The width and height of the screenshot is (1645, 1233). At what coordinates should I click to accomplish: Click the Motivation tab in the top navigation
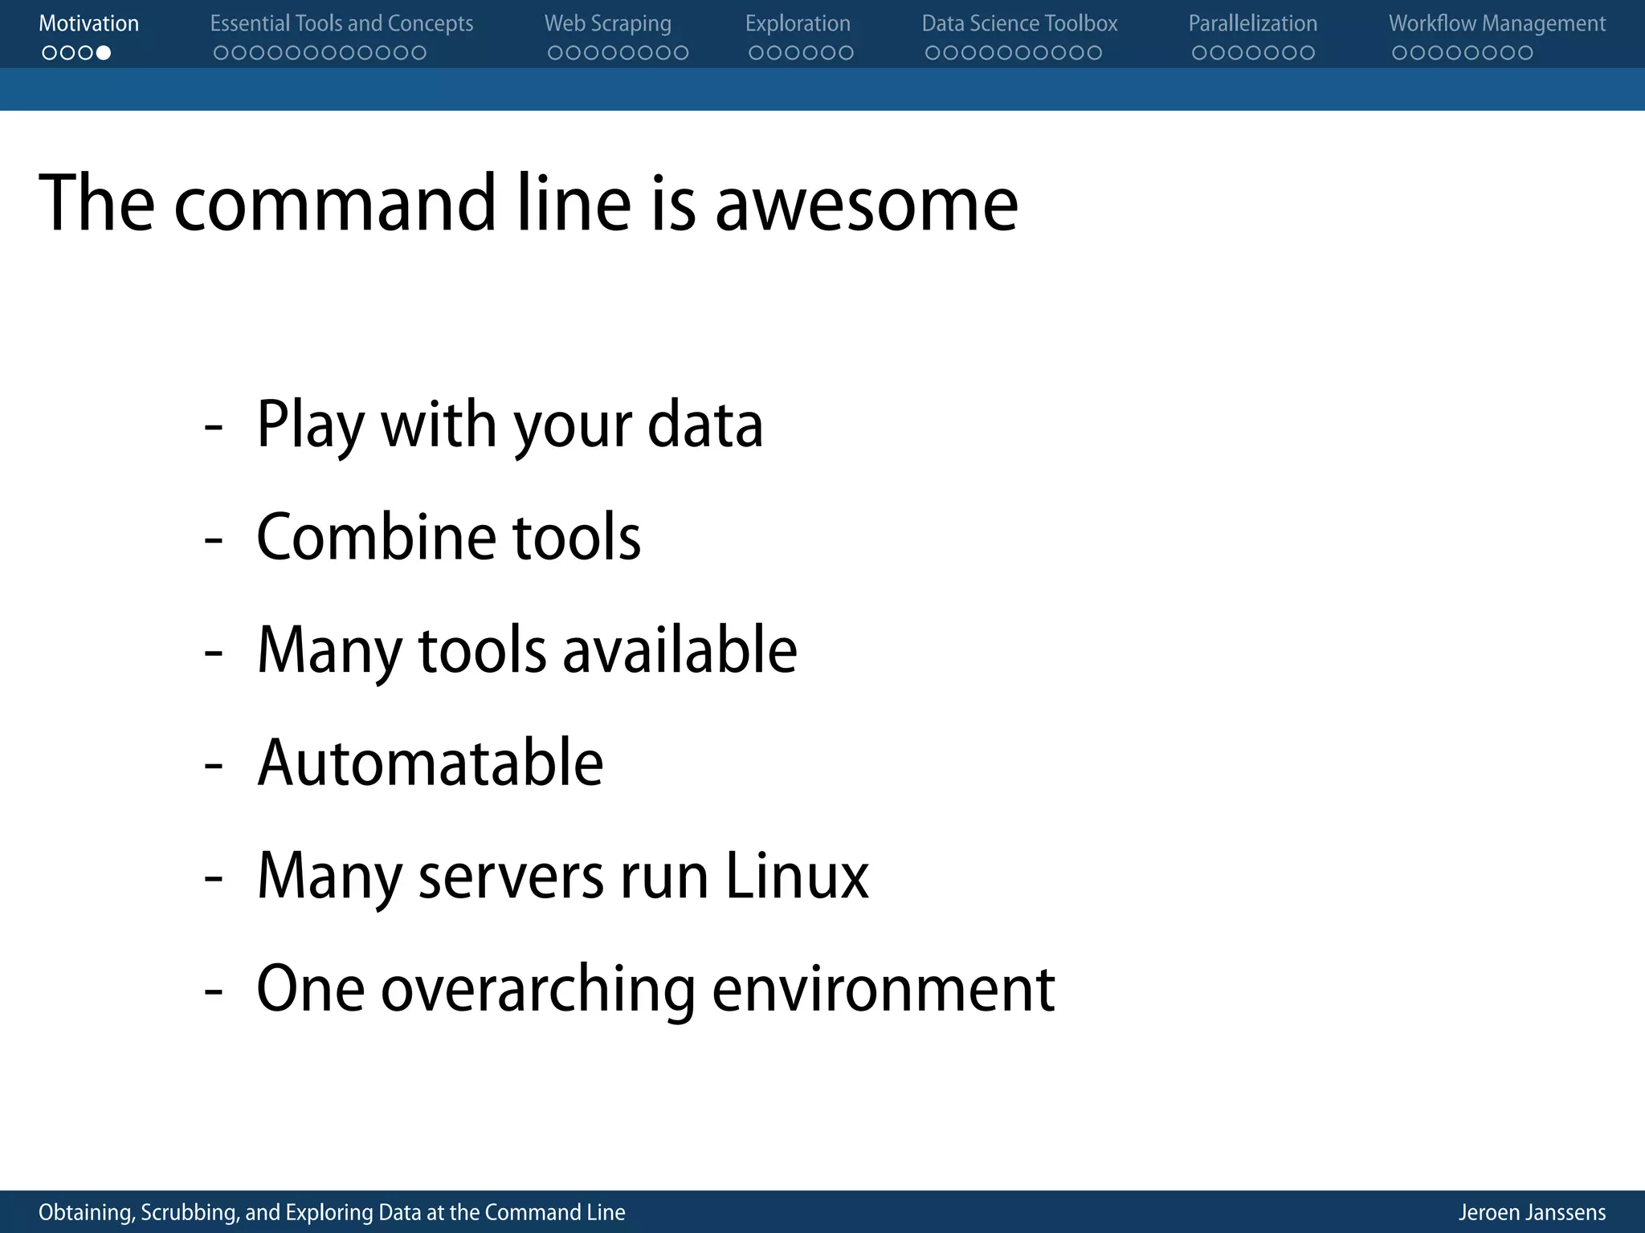coord(88,24)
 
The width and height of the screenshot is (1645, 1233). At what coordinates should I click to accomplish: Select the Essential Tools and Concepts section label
coord(341,24)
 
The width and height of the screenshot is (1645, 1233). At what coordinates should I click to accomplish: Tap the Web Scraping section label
coord(607,24)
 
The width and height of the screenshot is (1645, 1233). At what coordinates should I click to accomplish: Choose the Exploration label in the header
coord(798,24)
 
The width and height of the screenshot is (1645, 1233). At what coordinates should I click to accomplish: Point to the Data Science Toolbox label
coord(1019,24)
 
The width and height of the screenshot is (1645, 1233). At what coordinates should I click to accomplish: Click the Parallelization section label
coord(1252,24)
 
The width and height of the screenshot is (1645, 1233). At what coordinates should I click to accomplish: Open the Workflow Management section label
coord(1497,24)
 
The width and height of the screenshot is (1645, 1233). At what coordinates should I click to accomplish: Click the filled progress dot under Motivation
coord(104,53)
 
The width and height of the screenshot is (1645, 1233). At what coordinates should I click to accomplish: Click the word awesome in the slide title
coord(866,205)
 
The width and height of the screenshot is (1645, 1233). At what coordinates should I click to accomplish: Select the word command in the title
coord(335,205)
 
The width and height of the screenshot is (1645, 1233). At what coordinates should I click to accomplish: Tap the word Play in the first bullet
coord(310,425)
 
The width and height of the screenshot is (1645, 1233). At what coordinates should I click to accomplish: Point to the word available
coord(680,650)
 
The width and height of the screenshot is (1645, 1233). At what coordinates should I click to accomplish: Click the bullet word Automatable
coord(430,763)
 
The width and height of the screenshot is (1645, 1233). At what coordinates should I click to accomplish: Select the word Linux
coord(797,876)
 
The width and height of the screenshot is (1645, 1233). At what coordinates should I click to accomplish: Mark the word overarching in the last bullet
coord(538,990)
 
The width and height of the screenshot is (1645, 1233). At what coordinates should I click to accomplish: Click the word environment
coord(883,990)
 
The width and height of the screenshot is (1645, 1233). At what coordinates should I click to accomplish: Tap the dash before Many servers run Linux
coord(213,878)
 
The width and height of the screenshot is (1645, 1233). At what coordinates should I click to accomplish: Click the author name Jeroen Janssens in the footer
coord(1532,1212)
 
